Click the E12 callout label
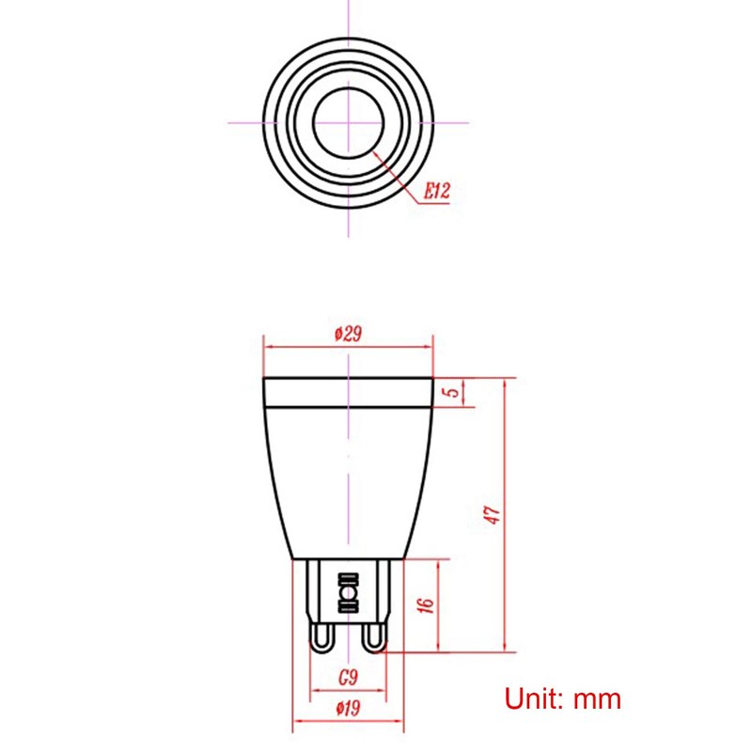point(437,192)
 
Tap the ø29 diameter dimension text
point(348,334)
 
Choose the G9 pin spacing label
point(348,676)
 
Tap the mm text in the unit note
point(599,698)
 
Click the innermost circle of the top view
point(349,123)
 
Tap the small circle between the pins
point(348,596)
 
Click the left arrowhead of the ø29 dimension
point(267,346)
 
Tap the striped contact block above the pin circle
point(348,578)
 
